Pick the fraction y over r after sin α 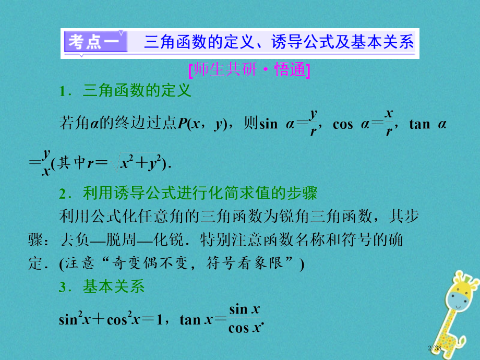313,124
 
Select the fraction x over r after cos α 389,124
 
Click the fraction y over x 46,162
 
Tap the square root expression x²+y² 140,163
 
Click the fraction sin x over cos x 245,318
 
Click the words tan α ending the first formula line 427,124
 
